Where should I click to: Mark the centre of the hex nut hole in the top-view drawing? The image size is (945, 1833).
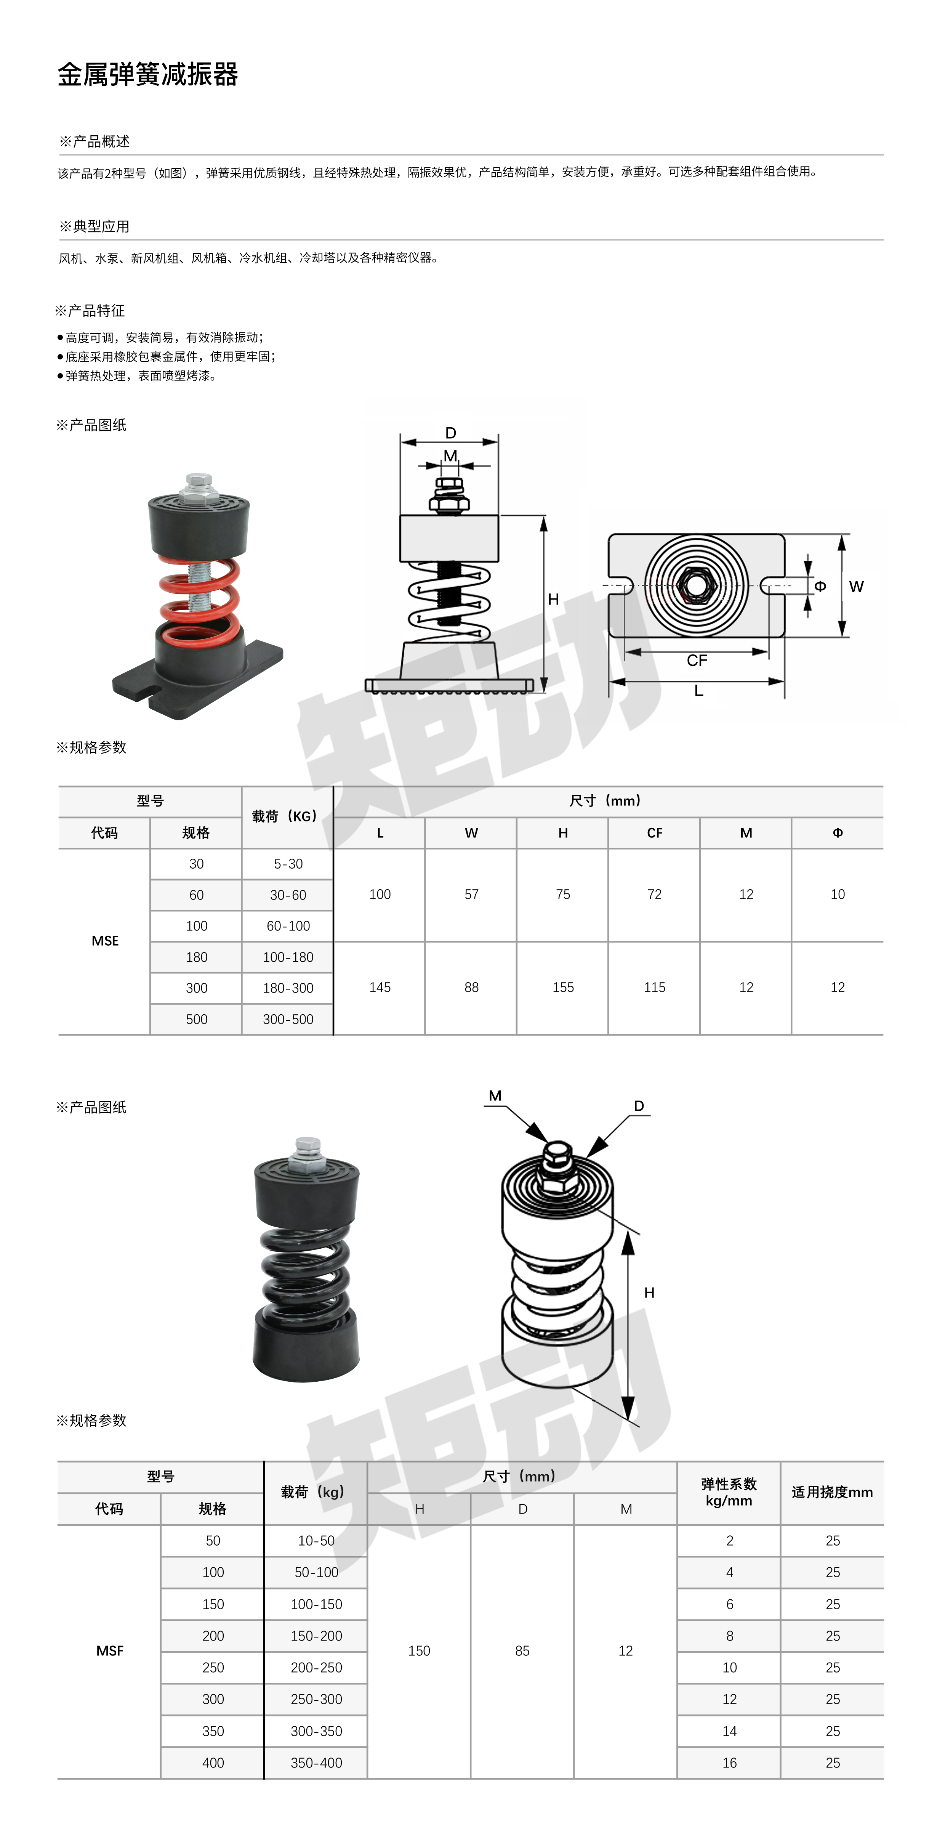tap(696, 585)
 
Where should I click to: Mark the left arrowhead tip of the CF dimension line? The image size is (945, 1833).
tap(625, 652)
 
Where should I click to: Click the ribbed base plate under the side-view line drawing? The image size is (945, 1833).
tap(449, 686)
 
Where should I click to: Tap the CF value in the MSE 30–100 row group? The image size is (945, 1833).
tap(655, 895)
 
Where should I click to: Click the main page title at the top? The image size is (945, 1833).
tap(148, 74)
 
